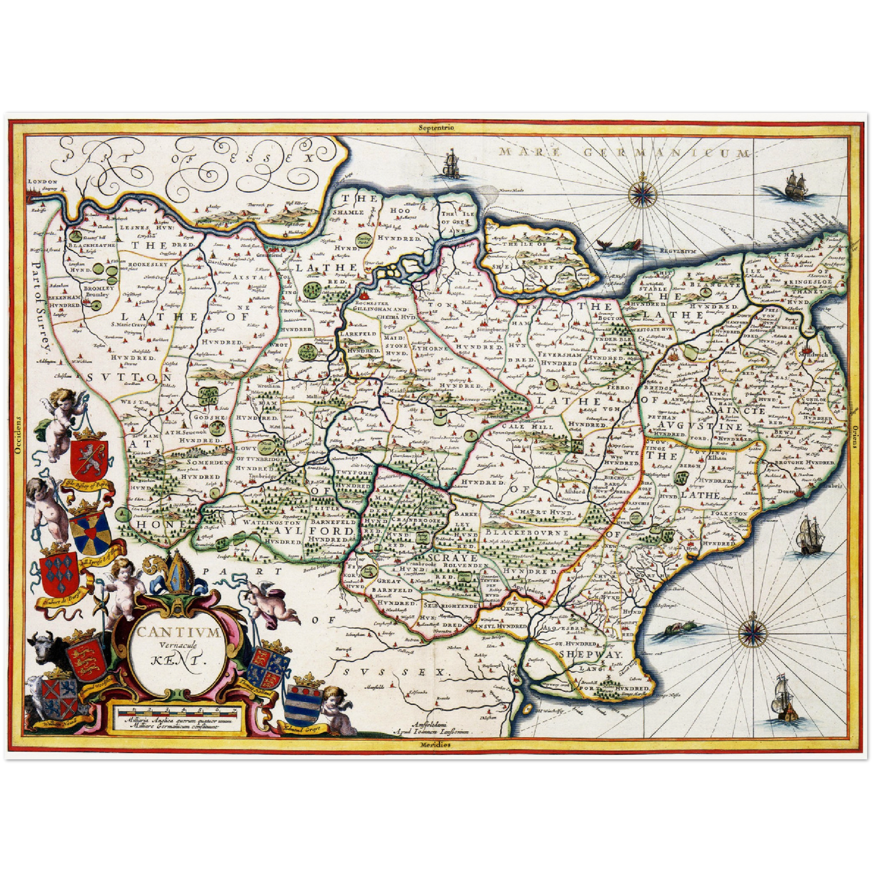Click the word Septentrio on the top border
point(437,127)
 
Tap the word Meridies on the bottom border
point(436,744)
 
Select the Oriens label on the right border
point(856,434)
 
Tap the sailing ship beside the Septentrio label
point(449,165)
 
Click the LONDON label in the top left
point(45,181)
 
